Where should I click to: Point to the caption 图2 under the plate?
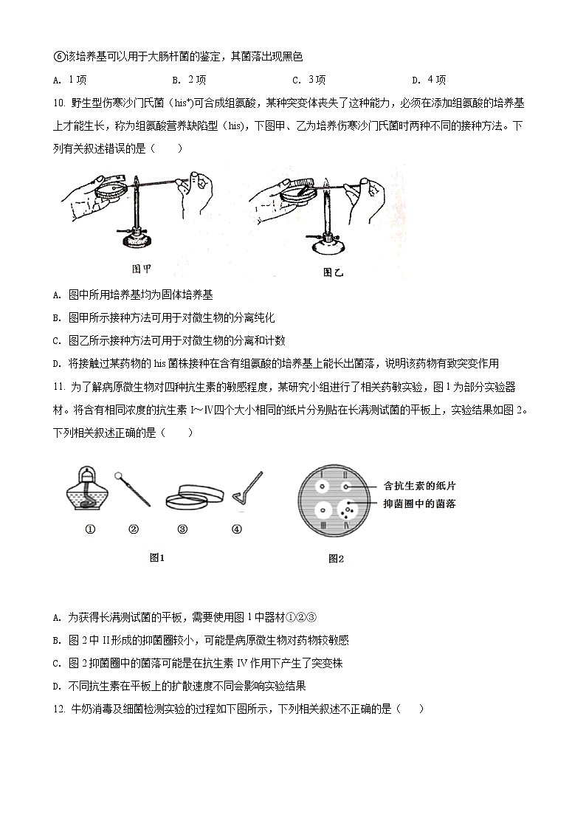tap(336, 559)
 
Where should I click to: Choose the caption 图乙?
tap(334, 272)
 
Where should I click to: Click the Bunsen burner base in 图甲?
tap(137, 239)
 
